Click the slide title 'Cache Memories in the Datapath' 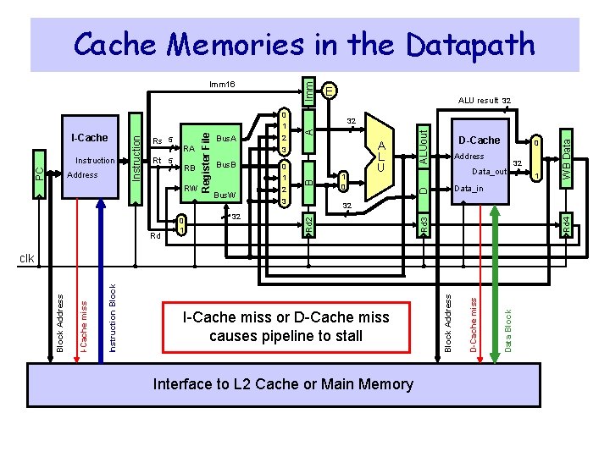tap(304, 43)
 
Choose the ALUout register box tap(424, 144)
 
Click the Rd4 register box tap(568, 224)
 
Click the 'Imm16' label tap(222, 85)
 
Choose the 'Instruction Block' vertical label tap(114, 318)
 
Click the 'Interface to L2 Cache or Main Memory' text tap(283, 384)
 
